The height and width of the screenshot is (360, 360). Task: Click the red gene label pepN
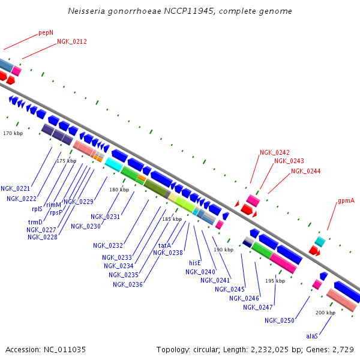coord(46,32)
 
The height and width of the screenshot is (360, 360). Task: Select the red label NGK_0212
coord(72,41)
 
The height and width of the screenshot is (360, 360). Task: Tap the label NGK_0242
coord(275,152)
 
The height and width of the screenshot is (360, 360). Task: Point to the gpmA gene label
coord(346,201)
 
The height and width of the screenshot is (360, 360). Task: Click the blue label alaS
coord(312,336)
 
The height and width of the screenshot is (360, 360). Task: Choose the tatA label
coord(164,245)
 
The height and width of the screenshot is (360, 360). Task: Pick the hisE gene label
coord(195,263)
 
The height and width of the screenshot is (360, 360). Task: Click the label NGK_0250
coord(280,320)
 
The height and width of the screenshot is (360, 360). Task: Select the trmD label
coord(35,222)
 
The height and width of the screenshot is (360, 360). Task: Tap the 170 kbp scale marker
coord(13,133)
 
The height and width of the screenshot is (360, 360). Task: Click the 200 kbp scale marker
coord(325,313)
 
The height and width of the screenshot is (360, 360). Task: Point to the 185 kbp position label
coord(172,219)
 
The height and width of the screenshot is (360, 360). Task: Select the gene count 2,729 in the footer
coord(343,349)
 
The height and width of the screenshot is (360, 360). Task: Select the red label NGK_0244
coord(306,171)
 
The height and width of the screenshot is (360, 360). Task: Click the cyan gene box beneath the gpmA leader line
coord(320,241)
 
